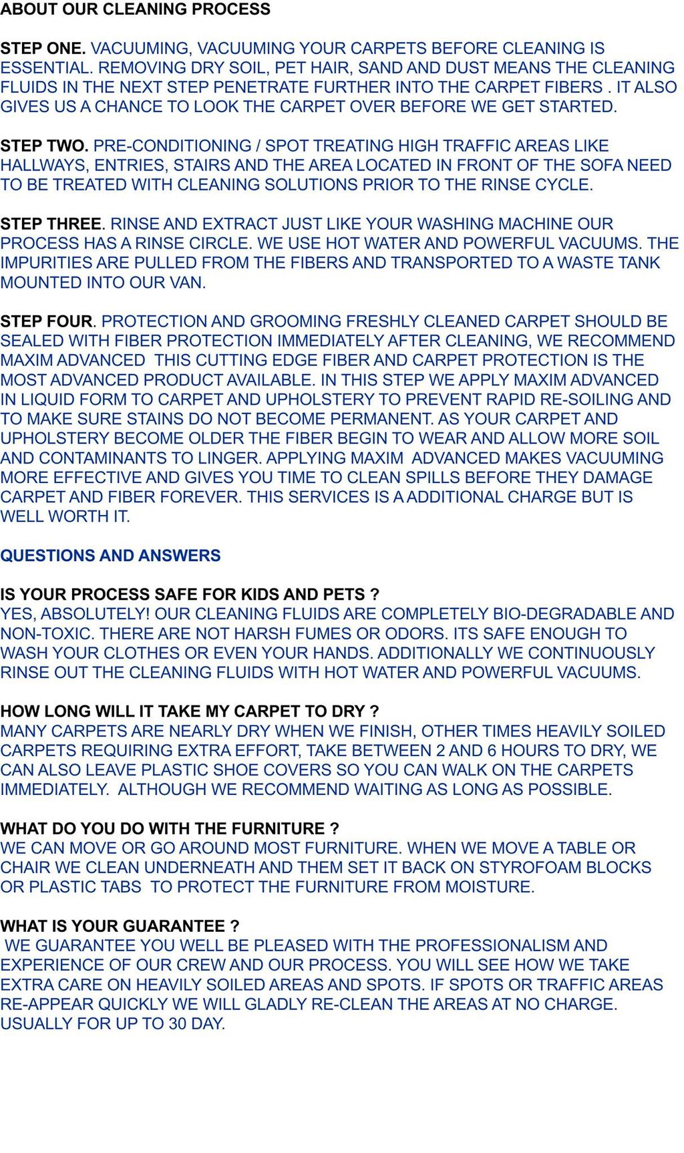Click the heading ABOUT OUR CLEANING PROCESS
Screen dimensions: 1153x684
135,9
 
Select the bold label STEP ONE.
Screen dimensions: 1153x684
43,49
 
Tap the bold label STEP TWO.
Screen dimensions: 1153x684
44,146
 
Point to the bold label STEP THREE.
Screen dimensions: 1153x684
52,224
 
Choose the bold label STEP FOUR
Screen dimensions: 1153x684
47,322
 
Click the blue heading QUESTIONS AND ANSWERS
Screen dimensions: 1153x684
110,556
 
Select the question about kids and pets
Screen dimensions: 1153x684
190,595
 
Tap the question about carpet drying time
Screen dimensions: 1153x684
190,711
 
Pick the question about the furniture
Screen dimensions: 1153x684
170,829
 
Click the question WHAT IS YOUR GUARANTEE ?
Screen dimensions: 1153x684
120,927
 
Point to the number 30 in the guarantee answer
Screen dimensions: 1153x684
178,1024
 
